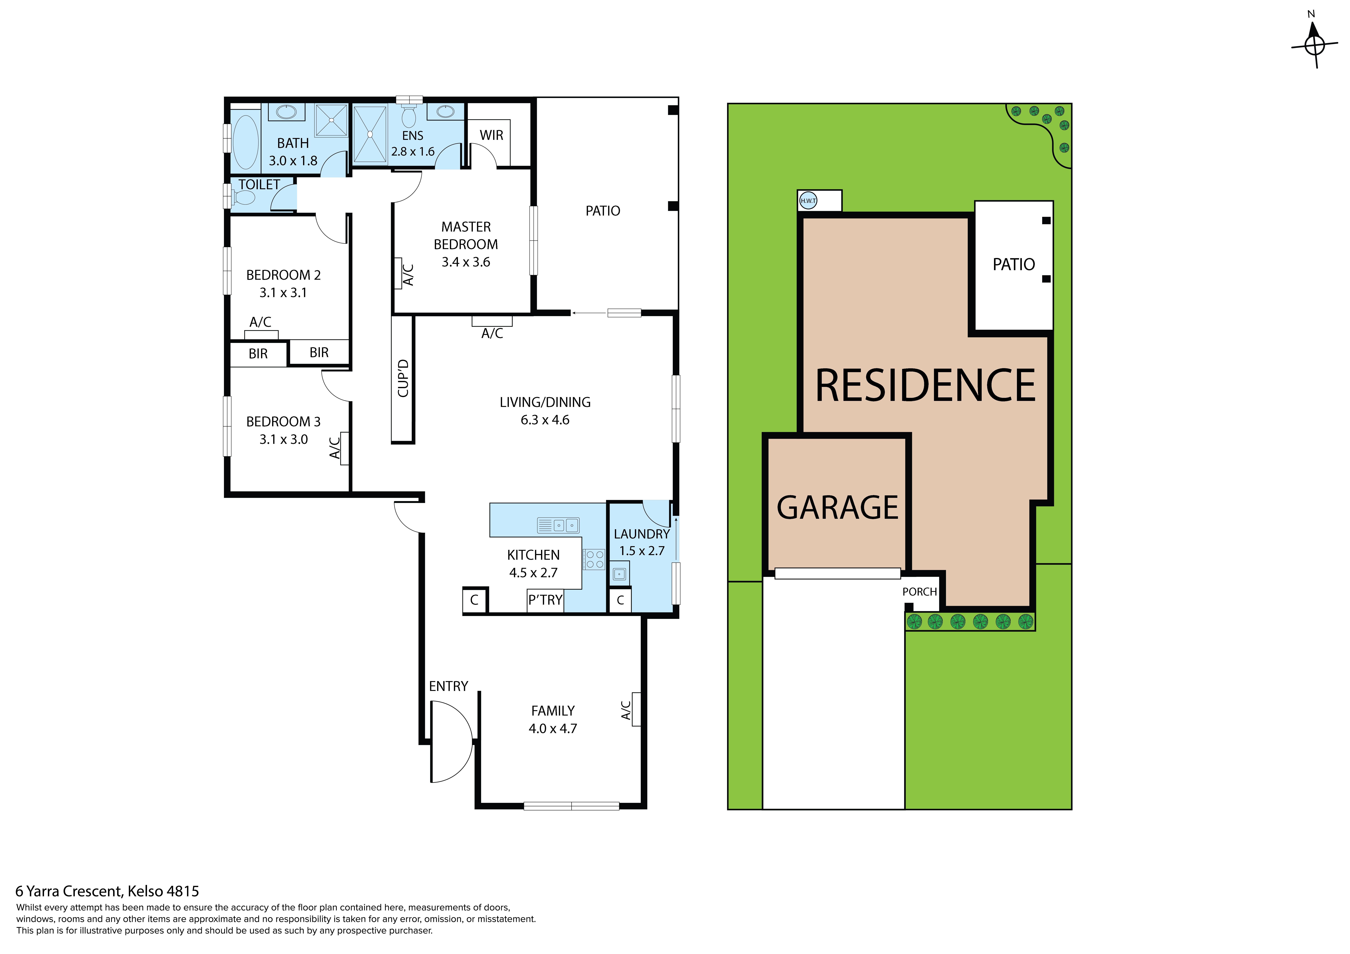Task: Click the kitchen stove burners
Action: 594,559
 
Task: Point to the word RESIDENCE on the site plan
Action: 925,386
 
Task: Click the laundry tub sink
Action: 619,574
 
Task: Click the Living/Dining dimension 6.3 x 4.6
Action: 544,420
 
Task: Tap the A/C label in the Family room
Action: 626,710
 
